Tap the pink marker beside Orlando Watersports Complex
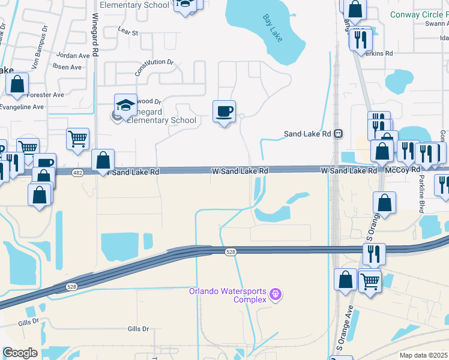click(276, 294)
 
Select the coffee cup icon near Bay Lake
click(224, 111)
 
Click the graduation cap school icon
click(125, 106)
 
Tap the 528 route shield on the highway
click(231, 253)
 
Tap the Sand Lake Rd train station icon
click(339, 134)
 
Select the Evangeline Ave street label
click(22, 107)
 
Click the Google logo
click(20, 353)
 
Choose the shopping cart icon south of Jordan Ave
click(77, 139)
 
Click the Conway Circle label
click(419, 14)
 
